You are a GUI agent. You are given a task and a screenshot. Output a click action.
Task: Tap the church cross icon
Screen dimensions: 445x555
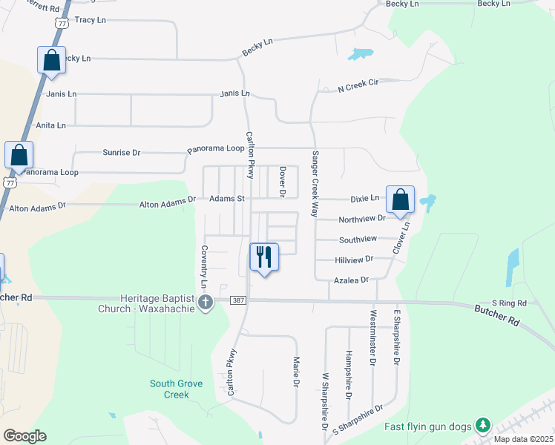pyautogui.click(x=206, y=302)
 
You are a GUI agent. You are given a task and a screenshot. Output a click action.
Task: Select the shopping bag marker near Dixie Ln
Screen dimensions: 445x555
pyautogui.click(x=400, y=200)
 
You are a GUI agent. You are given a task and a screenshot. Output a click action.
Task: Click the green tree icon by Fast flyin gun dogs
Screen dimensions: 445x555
pyautogui.click(x=483, y=426)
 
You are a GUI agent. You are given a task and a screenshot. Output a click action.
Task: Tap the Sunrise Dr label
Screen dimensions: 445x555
pyautogui.click(x=121, y=153)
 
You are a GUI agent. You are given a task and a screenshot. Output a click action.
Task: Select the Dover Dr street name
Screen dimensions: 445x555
pyautogui.click(x=283, y=182)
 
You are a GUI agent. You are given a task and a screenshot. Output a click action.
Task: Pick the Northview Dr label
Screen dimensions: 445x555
pyautogui.click(x=362, y=219)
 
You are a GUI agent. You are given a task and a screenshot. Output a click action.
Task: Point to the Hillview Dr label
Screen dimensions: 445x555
pyautogui.click(x=354, y=259)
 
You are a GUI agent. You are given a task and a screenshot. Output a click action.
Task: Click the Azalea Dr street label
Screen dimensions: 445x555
pyautogui.click(x=352, y=280)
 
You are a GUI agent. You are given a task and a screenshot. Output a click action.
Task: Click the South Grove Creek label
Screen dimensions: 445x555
pyautogui.click(x=177, y=389)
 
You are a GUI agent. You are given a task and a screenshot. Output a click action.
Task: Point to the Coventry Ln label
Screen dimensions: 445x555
pyautogui.click(x=203, y=268)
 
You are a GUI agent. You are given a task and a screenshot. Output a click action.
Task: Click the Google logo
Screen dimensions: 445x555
pyautogui.click(x=24, y=436)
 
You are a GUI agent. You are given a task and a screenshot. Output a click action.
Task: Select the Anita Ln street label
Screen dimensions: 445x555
pyautogui.click(x=50, y=125)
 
